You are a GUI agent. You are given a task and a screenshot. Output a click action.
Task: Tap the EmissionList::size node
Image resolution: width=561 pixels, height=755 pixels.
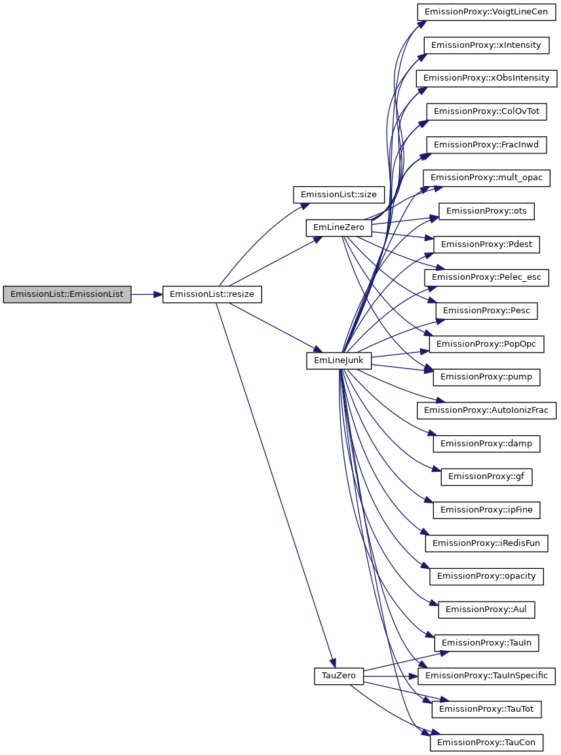(338, 195)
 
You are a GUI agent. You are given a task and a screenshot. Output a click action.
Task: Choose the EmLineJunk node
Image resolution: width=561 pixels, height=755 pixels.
(339, 361)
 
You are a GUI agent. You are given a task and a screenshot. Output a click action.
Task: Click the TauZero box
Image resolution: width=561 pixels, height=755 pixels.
(339, 676)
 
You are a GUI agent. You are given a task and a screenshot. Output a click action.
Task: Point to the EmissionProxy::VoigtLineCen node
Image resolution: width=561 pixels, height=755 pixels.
(486, 12)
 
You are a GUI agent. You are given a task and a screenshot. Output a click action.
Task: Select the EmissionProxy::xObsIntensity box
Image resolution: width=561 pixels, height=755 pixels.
(486, 78)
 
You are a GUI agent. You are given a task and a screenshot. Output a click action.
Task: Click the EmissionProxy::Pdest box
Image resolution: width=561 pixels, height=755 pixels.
(486, 244)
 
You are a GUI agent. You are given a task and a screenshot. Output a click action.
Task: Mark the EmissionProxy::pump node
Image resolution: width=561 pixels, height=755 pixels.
(486, 377)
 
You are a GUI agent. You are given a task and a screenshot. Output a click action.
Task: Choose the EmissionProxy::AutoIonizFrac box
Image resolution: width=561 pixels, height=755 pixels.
(486, 411)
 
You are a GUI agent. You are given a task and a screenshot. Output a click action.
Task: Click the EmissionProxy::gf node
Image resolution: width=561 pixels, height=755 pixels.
(486, 477)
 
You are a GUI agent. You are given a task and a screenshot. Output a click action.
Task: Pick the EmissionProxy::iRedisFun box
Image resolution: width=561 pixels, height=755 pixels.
(486, 543)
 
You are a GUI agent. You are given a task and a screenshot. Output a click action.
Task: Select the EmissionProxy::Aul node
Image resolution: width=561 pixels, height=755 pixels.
(486, 610)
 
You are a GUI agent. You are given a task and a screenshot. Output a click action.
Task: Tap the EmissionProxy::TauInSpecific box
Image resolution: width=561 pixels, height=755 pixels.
(486, 676)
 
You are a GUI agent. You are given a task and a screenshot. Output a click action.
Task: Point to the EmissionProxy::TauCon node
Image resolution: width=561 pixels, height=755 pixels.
(486, 743)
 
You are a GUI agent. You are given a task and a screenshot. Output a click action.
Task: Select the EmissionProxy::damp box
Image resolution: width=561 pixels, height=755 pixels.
(486, 444)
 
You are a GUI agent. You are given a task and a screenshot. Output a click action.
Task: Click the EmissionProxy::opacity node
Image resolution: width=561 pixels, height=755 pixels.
(486, 576)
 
